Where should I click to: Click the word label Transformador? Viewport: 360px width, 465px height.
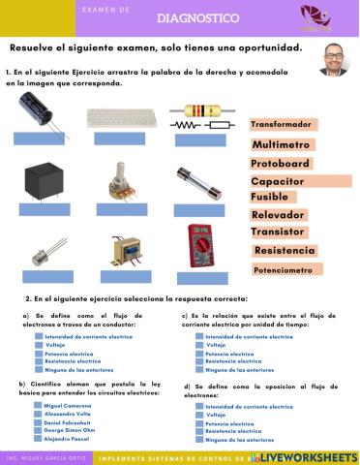[283, 125]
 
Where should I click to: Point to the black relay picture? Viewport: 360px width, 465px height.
[45, 182]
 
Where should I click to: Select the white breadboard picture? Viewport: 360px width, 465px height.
[121, 118]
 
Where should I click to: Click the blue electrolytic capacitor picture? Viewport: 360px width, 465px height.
[45, 117]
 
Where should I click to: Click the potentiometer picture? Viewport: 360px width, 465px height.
[122, 181]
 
